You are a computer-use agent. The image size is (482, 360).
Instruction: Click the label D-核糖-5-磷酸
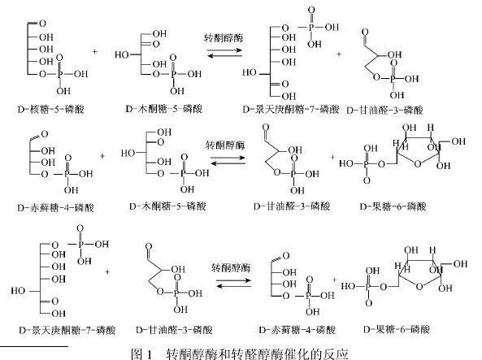51,109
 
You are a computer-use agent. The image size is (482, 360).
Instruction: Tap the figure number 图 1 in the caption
141,353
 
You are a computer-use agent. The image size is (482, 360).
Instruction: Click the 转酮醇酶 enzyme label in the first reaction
224,38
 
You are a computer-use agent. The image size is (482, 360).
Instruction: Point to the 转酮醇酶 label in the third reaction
231,268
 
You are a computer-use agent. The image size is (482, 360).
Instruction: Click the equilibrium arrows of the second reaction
228,160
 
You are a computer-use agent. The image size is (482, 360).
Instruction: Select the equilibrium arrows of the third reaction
233,283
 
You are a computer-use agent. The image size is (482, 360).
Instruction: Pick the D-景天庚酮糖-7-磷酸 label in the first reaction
291,109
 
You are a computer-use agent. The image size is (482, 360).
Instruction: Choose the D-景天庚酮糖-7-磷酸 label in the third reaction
67,330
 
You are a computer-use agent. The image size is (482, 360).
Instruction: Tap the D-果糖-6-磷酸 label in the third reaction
397,330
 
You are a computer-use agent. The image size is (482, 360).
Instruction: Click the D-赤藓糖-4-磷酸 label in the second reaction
55,208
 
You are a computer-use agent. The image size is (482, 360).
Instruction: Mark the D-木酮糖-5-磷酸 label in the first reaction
164,109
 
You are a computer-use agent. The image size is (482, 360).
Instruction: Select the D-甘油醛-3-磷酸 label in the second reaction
292,206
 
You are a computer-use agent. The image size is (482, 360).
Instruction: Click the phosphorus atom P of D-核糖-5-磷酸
60,74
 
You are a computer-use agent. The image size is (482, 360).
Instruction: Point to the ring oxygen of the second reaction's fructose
417,164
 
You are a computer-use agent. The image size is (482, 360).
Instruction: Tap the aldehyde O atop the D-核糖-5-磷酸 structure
42,24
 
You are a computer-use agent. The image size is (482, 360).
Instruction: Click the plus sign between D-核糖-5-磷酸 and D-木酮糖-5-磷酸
94,52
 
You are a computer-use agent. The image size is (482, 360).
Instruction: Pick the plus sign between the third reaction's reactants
107,271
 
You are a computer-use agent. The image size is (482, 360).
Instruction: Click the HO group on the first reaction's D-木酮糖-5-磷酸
122,54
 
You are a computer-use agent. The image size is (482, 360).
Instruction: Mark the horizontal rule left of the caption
34,346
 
